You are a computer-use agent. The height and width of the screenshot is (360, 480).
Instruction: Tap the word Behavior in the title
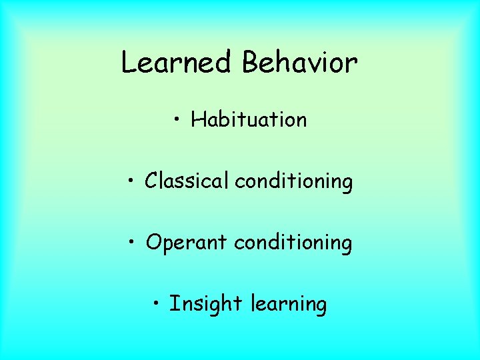(300, 63)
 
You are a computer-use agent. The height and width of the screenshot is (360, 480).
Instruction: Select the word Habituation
(249, 120)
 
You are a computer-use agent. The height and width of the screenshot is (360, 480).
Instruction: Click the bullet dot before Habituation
(177, 121)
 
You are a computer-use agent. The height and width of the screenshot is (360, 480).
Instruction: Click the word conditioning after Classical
(293, 181)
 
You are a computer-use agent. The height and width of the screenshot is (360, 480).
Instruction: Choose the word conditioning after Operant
(293, 243)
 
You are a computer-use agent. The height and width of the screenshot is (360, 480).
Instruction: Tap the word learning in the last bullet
(289, 305)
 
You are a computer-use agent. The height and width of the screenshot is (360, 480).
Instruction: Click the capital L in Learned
(129, 63)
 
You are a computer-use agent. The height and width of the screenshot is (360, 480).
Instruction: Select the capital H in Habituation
(197, 120)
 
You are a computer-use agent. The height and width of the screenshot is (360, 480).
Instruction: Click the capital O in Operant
(154, 243)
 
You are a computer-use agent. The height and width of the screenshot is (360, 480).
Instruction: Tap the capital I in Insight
(173, 304)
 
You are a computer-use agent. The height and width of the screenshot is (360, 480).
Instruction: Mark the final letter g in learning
(321, 306)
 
